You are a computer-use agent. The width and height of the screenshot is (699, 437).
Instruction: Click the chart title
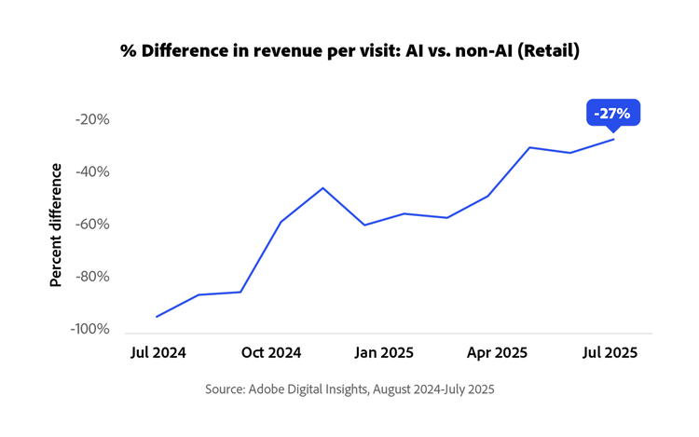click(x=349, y=51)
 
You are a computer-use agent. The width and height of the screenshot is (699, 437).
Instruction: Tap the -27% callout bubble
click(x=612, y=114)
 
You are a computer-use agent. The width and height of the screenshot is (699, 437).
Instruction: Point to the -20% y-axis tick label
click(x=93, y=119)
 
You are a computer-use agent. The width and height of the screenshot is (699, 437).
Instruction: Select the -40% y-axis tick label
click(x=93, y=171)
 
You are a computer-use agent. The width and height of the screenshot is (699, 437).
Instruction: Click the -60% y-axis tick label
click(x=93, y=225)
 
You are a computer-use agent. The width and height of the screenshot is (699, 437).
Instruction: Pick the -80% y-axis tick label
click(x=93, y=277)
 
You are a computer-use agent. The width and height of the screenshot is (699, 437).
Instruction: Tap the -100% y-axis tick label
click(x=90, y=329)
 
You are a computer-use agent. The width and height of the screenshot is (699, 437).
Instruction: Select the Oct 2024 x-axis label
click(x=271, y=353)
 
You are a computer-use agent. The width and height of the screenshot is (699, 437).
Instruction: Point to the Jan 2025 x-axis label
click(x=384, y=353)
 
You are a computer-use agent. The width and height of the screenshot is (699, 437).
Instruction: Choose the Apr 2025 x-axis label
click(x=498, y=353)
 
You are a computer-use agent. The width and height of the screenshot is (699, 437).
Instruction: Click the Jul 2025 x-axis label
click(x=610, y=353)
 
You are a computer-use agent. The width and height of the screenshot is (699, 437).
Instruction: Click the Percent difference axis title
click(x=56, y=225)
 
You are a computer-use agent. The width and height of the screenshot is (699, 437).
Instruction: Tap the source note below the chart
click(x=349, y=389)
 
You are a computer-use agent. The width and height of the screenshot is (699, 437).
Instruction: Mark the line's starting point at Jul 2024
click(x=156, y=317)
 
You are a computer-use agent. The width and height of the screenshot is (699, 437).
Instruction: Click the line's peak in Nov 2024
click(x=323, y=188)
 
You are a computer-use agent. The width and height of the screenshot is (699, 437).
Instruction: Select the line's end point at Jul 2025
click(x=613, y=139)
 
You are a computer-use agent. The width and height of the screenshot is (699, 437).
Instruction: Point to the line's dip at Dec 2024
click(x=364, y=225)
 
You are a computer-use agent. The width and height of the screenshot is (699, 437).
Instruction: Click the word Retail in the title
click(x=549, y=51)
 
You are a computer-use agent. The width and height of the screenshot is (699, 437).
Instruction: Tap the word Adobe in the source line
click(x=271, y=389)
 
